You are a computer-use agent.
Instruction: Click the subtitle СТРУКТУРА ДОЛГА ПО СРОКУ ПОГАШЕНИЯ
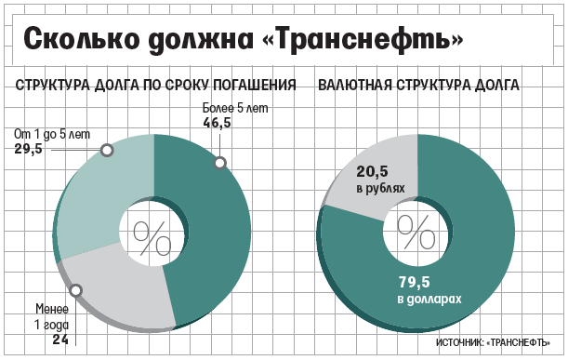click(155, 86)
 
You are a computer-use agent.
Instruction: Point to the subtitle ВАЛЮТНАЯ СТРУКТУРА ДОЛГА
click(418, 86)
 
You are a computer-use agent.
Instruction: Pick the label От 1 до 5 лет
click(52, 134)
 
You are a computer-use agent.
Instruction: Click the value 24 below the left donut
click(60, 340)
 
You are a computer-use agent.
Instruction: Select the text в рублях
click(381, 189)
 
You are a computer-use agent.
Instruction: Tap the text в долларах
click(429, 300)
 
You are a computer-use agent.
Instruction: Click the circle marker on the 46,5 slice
click(220, 163)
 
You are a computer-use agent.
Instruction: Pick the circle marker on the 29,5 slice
click(107, 149)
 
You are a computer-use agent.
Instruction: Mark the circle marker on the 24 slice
click(76, 289)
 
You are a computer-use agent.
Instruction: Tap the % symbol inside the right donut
click(416, 228)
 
